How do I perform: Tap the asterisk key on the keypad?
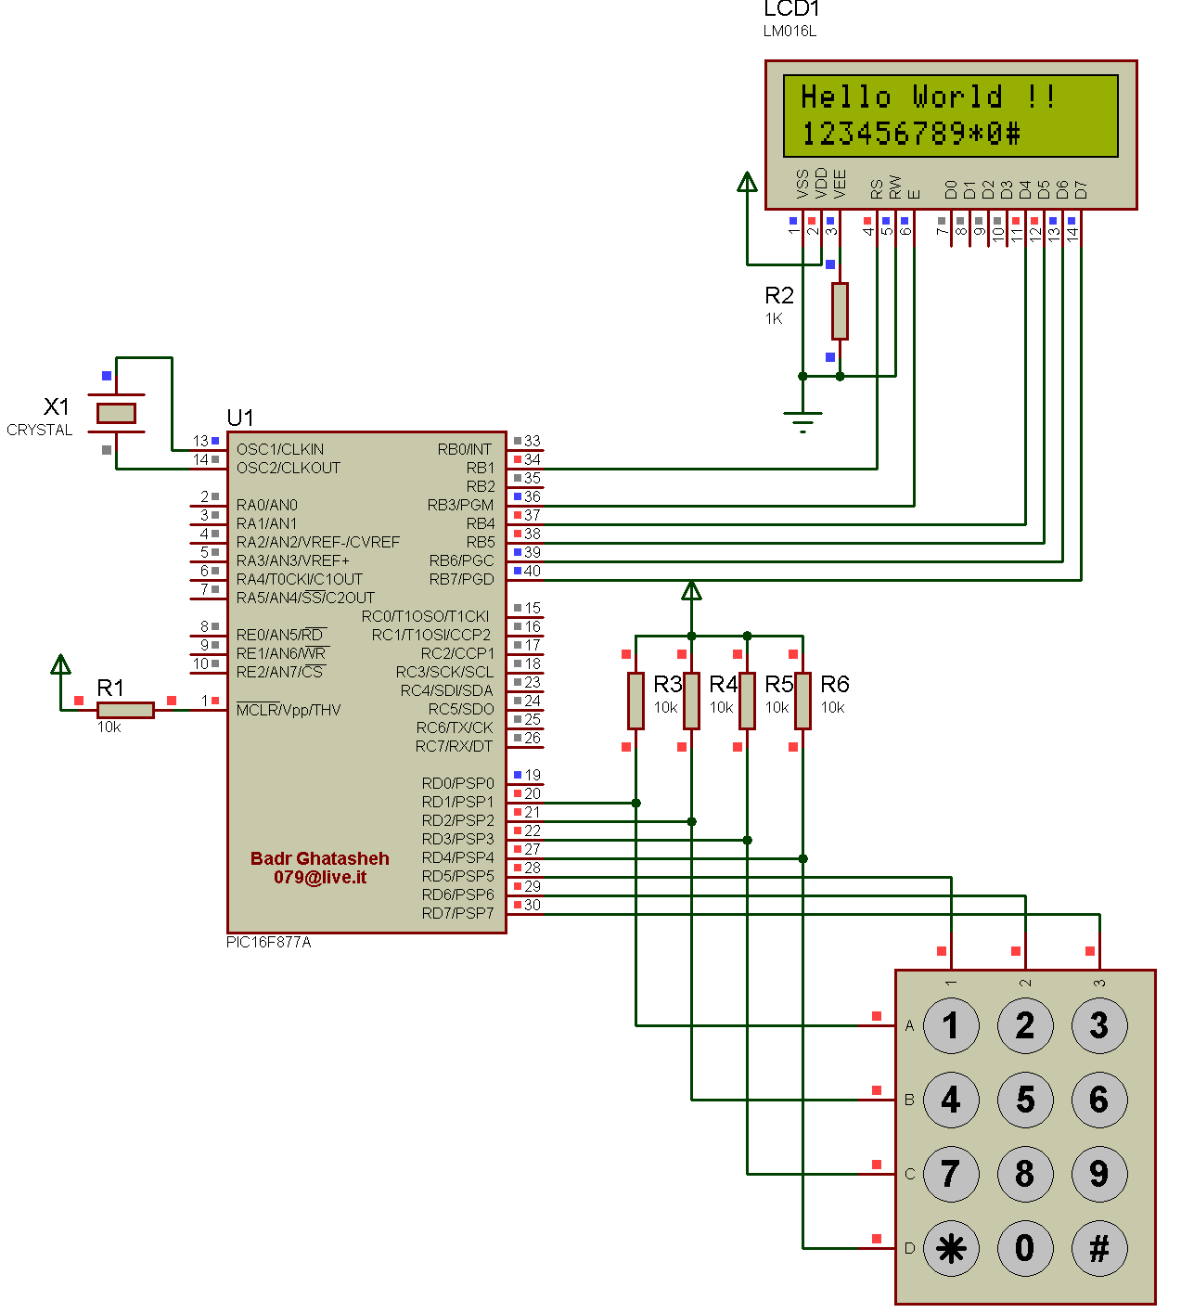click(951, 1248)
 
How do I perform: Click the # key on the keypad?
click(1099, 1248)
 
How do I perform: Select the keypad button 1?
click(951, 1025)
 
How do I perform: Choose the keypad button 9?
click(1099, 1174)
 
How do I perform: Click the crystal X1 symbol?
click(116, 413)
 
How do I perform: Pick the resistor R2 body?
click(840, 311)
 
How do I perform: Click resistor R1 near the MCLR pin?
click(125, 710)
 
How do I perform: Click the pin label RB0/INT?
click(465, 450)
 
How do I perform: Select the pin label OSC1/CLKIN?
click(280, 450)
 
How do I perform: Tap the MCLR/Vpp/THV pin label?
click(289, 710)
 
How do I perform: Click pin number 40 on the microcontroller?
click(533, 571)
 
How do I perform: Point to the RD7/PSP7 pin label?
click(457, 914)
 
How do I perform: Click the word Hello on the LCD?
click(846, 97)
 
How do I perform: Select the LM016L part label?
click(789, 31)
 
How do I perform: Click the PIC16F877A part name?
click(269, 943)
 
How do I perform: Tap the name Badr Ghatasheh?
click(320, 858)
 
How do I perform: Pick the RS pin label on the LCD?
click(877, 189)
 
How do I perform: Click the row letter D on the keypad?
click(909, 1248)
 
